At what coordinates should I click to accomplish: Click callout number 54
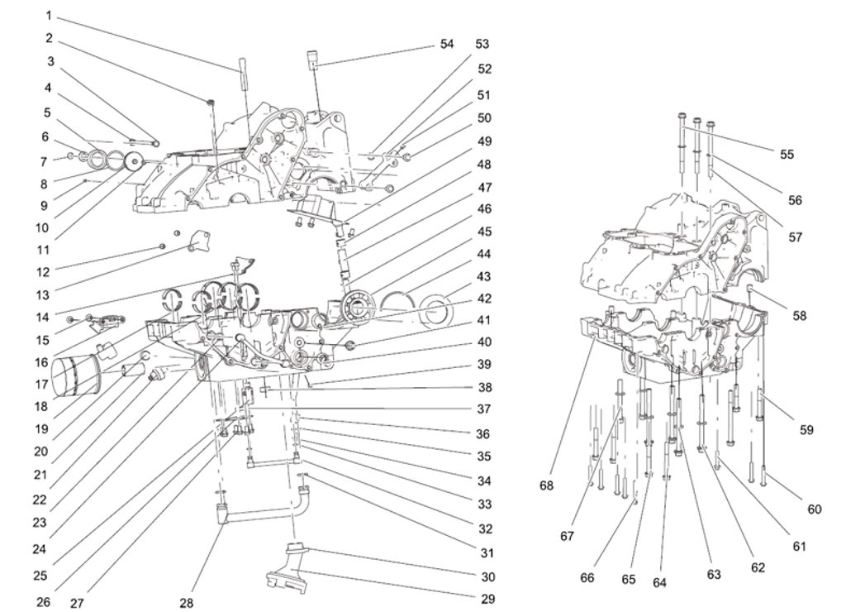(446, 44)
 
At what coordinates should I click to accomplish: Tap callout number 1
(48, 15)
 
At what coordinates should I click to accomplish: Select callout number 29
(487, 599)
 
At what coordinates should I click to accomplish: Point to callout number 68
(547, 485)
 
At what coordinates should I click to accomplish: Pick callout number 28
(187, 603)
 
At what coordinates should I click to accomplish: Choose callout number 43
(483, 276)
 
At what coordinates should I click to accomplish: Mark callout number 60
(815, 509)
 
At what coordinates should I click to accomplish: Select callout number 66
(587, 577)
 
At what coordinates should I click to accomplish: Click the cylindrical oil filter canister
(74, 376)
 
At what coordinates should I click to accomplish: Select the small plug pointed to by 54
(314, 59)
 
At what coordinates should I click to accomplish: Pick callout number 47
(483, 188)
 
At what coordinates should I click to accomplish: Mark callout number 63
(714, 574)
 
